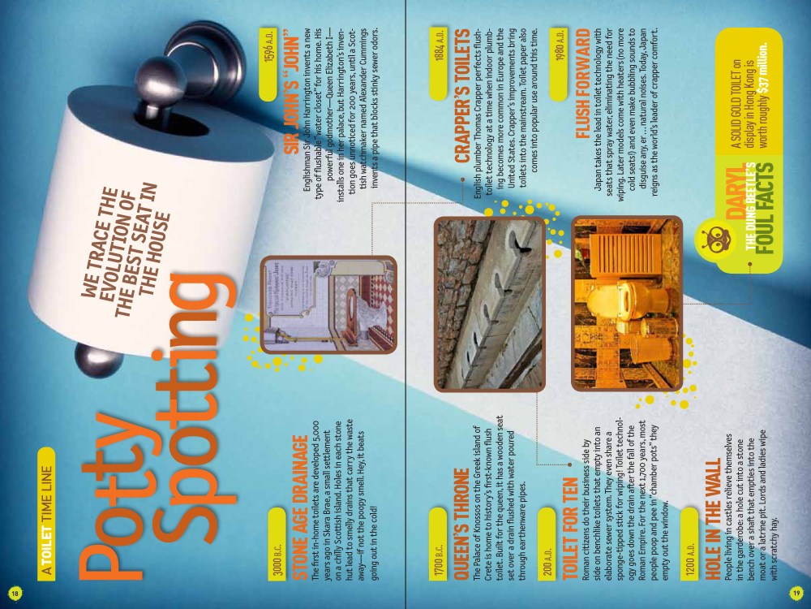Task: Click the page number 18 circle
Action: coord(15,593)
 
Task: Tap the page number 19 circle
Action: coord(796,593)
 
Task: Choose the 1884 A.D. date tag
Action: coord(439,63)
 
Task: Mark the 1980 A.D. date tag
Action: coord(559,63)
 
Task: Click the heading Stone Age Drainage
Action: coord(299,508)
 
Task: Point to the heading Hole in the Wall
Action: coord(712,519)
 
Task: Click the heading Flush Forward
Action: coord(582,84)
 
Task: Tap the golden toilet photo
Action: coord(627,304)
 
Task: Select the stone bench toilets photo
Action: coord(489,304)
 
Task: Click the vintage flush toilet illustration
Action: coord(328,304)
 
